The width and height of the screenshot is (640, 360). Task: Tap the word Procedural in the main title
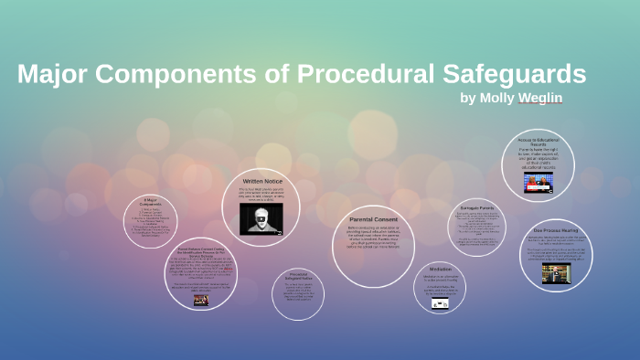pyautogui.click(x=353, y=74)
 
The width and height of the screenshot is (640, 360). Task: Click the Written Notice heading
pyautogui.click(x=261, y=182)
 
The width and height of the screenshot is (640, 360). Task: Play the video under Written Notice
pyautogui.click(x=261, y=218)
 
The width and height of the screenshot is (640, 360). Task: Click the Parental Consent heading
pyautogui.click(x=372, y=219)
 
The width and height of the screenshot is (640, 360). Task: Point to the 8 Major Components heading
pyautogui.click(x=150, y=201)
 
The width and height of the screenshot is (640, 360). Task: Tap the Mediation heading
pyautogui.click(x=440, y=269)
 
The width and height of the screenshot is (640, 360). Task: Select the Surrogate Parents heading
pyautogui.click(x=476, y=207)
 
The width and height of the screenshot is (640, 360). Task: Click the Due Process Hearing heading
pyautogui.click(x=555, y=231)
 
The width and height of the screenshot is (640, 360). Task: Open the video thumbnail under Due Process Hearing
pyautogui.click(x=555, y=273)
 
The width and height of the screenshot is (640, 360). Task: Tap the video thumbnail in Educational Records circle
pyautogui.click(x=538, y=183)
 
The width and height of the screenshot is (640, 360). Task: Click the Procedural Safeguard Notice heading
pyautogui.click(x=298, y=276)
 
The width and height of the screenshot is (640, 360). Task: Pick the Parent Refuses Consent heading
pyautogui.click(x=200, y=250)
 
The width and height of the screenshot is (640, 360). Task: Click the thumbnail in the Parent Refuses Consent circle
pyautogui.click(x=200, y=300)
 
